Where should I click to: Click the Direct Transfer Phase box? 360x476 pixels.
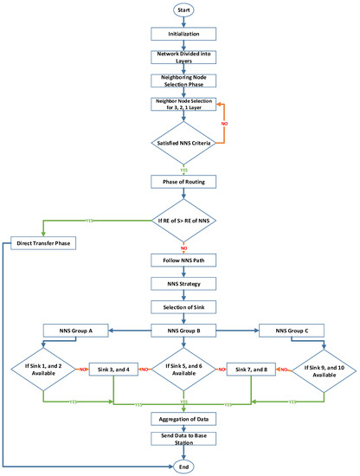[x=49, y=244]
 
